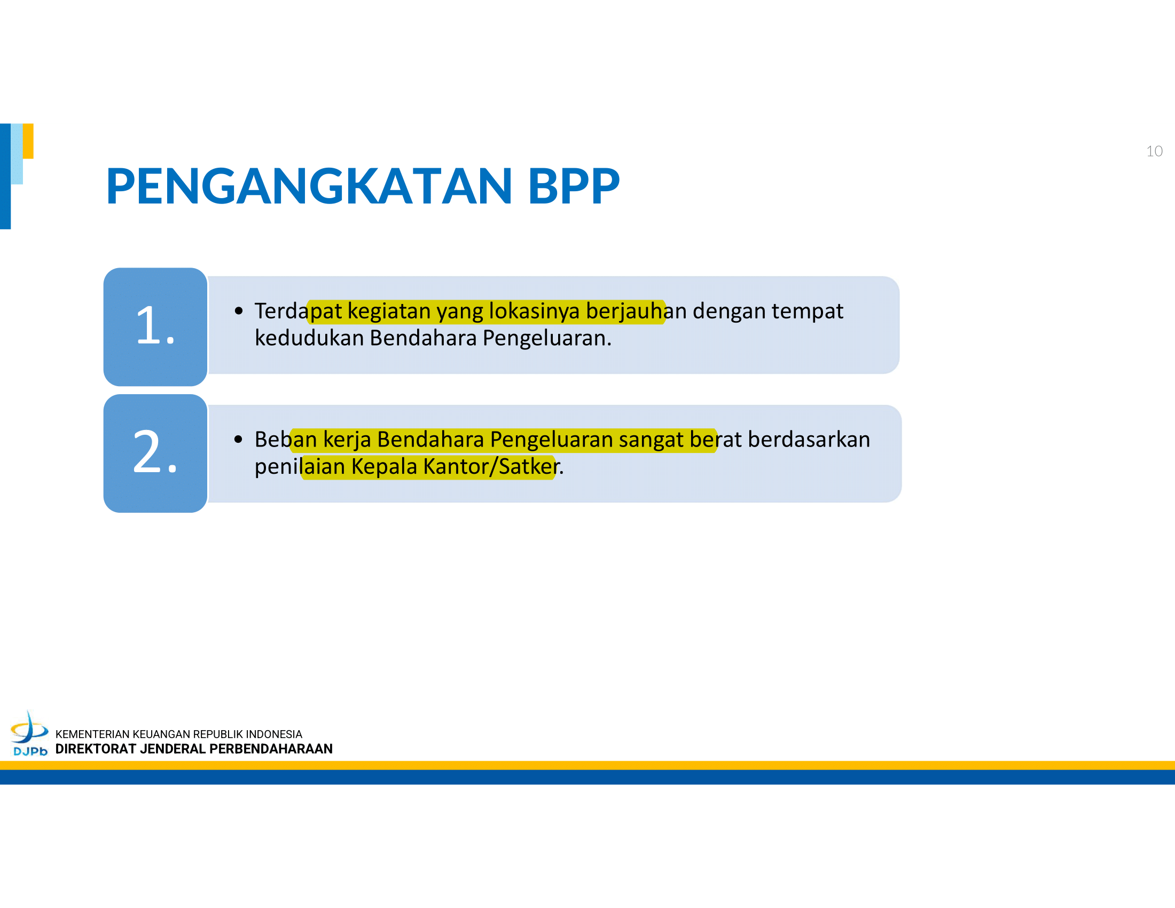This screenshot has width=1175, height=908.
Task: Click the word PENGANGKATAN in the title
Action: [309, 186]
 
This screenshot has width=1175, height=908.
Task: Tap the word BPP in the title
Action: [574, 186]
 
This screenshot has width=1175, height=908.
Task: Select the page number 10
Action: [1154, 151]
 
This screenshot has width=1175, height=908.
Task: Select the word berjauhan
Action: [637, 311]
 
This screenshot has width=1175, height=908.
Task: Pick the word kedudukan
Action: [309, 338]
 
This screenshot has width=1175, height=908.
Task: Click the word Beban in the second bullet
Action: [286, 440]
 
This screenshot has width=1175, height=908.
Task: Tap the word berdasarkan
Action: [809, 440]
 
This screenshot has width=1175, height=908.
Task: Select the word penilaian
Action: [300, 466]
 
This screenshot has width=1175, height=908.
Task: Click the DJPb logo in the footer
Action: [30, 734]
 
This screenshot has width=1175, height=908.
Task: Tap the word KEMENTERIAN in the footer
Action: [92, 734]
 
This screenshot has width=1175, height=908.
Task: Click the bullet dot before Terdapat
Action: [239, 311]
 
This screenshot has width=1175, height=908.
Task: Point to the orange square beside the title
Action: [28, 141]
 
